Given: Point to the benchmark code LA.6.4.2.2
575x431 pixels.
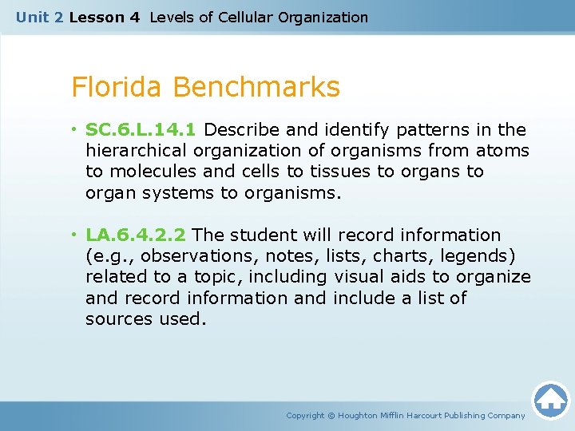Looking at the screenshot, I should [136, 235].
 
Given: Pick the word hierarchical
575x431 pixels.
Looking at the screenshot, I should [135, 150].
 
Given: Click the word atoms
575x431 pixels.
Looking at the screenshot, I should [503, 150].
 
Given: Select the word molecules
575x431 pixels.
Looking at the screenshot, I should [149, 171].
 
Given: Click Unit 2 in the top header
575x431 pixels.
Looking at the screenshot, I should [39, 17].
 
